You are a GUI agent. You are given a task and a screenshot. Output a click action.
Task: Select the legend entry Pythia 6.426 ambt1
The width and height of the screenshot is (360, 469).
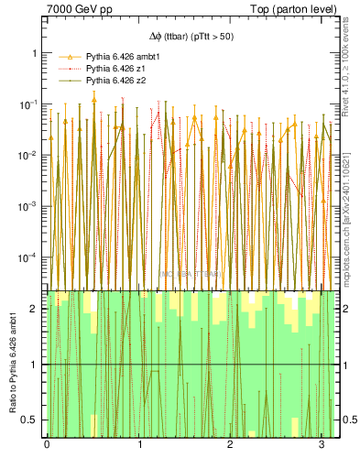point(122,56)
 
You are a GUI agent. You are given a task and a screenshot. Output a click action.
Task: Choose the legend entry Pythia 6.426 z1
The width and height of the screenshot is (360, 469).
point(115,69)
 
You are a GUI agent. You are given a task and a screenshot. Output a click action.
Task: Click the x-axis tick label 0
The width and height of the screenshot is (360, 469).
point(47,445)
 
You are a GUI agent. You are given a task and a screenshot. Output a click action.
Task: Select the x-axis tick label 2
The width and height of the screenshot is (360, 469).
point(229,445)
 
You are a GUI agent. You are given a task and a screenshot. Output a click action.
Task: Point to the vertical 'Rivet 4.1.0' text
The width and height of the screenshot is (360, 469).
point(352,55)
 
